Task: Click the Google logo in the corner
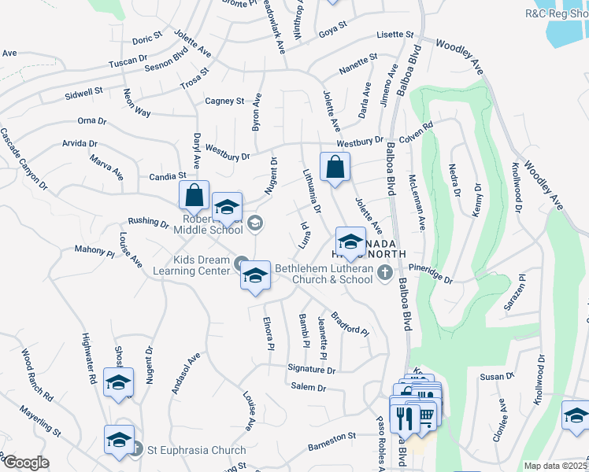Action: [x=25, y=463]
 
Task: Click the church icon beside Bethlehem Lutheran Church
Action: [x=384, y=273]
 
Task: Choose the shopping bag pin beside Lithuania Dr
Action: [x=335, y=166]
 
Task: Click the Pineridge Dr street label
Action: [x=432, y=275]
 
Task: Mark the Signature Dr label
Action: [x=312, y=368]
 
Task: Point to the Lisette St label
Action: [x=395, y=35]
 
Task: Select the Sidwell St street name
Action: [x=84, y=92]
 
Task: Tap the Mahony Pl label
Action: [x=94, y=251]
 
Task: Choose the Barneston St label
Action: [x=332, y=438]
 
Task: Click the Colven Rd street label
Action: [x=416, y=132]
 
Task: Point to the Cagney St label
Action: [x=224, y=101]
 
